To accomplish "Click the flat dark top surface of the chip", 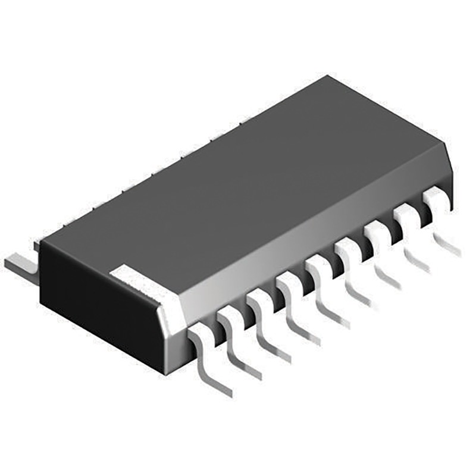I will point(238,178).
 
